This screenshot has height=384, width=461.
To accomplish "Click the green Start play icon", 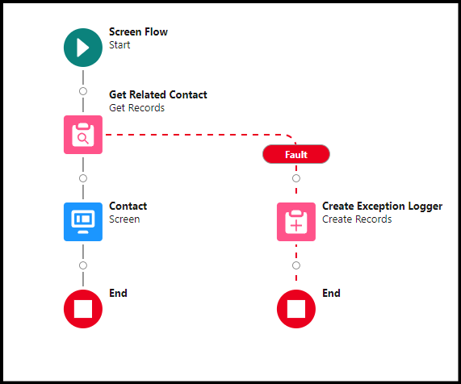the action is [x=83, y=48].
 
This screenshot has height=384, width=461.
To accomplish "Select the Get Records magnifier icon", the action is [x=83, y=135].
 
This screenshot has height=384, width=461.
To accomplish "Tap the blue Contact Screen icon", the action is [x=83, y=222].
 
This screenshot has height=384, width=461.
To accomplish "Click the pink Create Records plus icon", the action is [x=296, y=222].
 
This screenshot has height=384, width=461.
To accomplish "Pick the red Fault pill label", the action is [x=296, y=154].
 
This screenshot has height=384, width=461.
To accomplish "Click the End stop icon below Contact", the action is [x=83, y=309].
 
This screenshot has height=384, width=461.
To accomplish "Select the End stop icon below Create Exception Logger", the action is [x=296, y=309].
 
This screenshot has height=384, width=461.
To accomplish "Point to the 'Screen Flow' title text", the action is [x=138, y=31].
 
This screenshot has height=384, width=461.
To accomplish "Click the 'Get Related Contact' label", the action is [x=158, y=94].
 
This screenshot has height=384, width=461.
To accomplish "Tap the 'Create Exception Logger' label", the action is [x=382, y=207].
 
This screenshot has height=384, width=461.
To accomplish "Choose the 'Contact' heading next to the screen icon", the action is [x=128, y=206].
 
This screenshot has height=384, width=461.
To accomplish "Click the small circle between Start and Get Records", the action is [x=83, y=91].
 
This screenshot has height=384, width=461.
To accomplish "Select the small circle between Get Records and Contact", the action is [x=83, y=178].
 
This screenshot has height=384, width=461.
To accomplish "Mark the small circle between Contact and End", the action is [x=83, y=265].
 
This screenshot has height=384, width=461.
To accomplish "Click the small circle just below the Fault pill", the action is [x=296, y=178].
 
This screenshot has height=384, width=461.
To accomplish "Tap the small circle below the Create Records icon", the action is [x=296, y=265].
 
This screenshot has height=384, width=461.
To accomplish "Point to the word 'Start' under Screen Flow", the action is [x=119, y=45].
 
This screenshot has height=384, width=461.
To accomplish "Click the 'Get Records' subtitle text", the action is [x=136, y=108].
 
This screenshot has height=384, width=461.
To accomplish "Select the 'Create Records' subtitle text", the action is [x=357, y=219].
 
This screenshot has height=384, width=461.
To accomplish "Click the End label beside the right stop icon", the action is [x=331, y=293].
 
